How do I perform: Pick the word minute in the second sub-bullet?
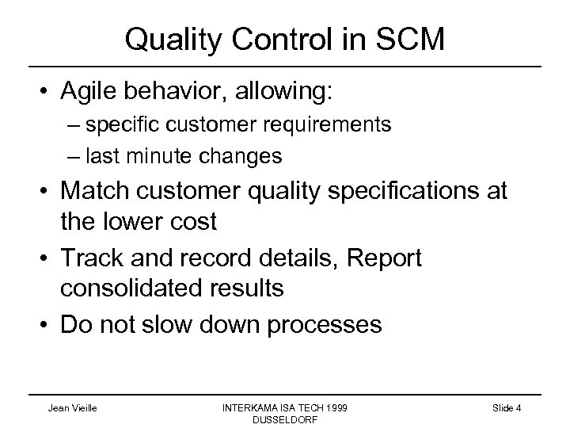[164, 156]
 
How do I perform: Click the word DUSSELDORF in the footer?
[284, 420]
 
